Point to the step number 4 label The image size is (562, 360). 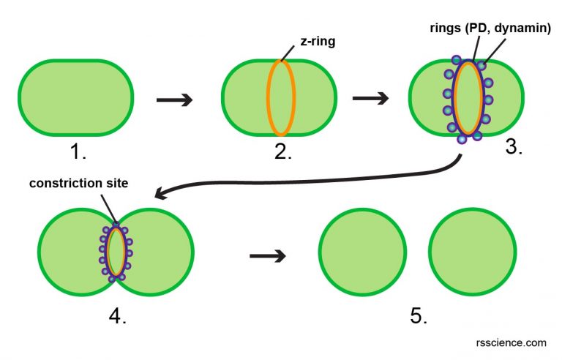point(118,316)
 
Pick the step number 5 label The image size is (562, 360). point(418,316)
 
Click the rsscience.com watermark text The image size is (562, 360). point(516,342)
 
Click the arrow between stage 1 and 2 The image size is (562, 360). point(174,100)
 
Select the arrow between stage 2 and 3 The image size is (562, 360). point(370,98)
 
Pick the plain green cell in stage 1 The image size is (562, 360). point(75,97)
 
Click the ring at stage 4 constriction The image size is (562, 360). point(116,252)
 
